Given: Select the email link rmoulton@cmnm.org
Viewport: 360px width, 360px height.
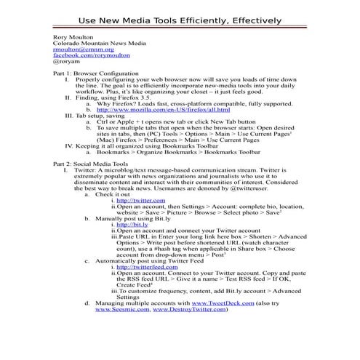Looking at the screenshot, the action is point(79,49).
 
